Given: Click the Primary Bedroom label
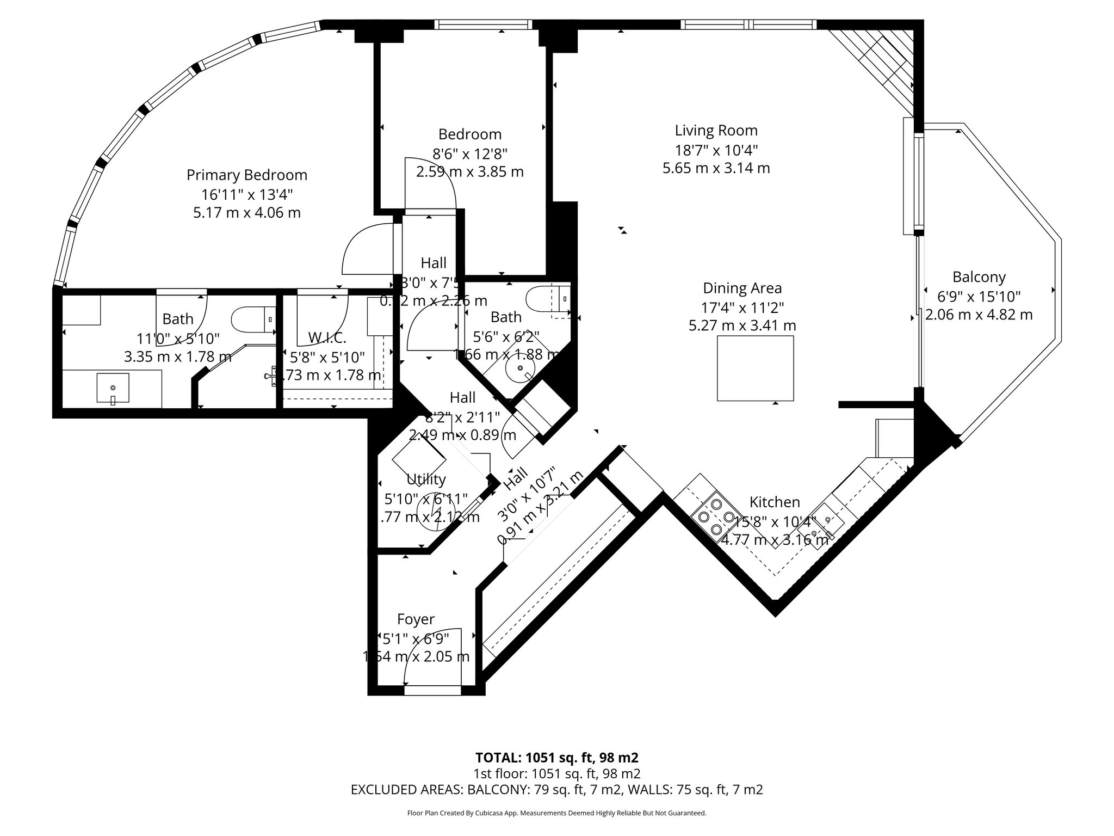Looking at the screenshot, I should pyautogui.click(x=247, y=175).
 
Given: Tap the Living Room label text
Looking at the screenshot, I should pyautogui.click(x=716, y=131).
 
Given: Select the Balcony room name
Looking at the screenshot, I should pyautogui.click(x=979, y=277).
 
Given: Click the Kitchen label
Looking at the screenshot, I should pyautogui.click(x=775, y=502).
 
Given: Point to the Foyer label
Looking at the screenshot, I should pyautogui.click(x=416, y=619).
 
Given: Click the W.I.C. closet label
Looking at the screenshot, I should pyautogui.click(x=327, y=338).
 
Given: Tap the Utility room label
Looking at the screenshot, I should pyautogui.click(x=426, y=480).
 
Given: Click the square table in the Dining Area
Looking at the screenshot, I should pyautogui.click(x=755, y=368).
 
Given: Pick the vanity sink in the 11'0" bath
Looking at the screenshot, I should pyautogui.click(x=113, y=388).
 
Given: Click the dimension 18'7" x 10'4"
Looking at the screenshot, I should pyautogui.click(x=716, y=149).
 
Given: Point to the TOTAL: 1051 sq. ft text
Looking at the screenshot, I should pyautogui.click(x=556, y=758).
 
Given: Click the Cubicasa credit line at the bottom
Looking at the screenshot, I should pyautogui.click(x=556, y=813).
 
